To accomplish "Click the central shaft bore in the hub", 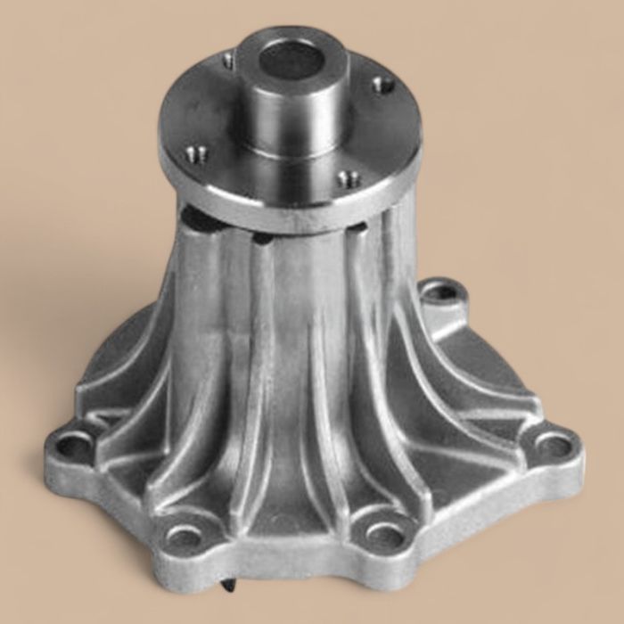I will click(291, 61).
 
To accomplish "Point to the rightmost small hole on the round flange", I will click(383, 85).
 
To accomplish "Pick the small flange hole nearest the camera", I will click(350, 178).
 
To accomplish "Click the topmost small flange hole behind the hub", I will click(229, 62).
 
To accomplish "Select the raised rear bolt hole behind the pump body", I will click(439, 291).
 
